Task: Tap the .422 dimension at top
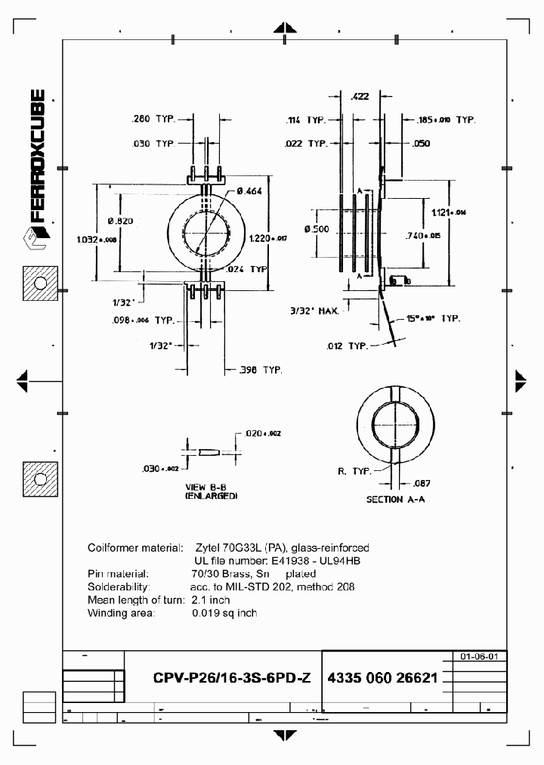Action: click(360, 96)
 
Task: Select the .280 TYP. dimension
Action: click(153, 119)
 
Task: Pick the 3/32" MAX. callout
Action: click(315, 310)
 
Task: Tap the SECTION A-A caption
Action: click(395, 500)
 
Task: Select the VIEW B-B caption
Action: click(211, 488)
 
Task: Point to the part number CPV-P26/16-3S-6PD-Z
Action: click(231, 678)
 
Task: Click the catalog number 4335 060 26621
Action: click(382, 678)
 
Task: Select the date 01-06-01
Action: click(479, 657)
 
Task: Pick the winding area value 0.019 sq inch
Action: click(224, 613)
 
